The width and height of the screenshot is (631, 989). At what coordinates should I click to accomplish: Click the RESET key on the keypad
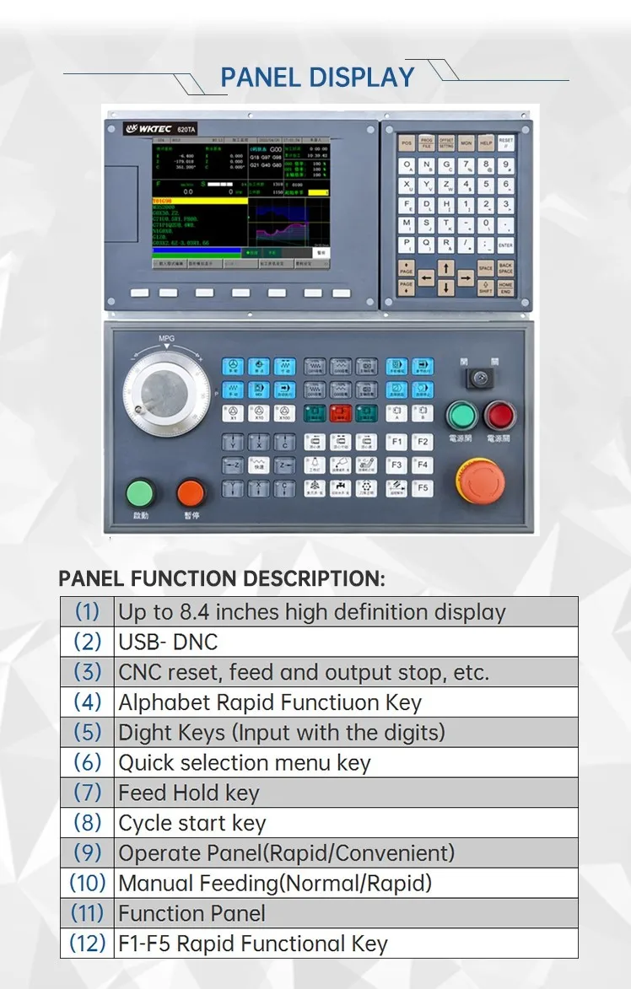coord(505,143)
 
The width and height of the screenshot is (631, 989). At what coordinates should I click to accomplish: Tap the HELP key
coord(486,143)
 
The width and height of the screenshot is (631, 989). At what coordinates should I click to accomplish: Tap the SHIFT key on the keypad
coord(486,288)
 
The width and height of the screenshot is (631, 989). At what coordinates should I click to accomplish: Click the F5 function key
coord(423,488)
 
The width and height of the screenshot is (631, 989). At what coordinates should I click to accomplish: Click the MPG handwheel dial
coord(166,394)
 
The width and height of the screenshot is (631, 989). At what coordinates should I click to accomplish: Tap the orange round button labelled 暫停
coord(191,493)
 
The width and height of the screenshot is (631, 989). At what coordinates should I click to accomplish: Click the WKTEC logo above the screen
coord(148,128)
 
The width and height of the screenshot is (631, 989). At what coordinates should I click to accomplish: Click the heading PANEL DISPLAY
coord(317,78)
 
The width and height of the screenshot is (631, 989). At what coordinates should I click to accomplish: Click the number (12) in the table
coord(87,943)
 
